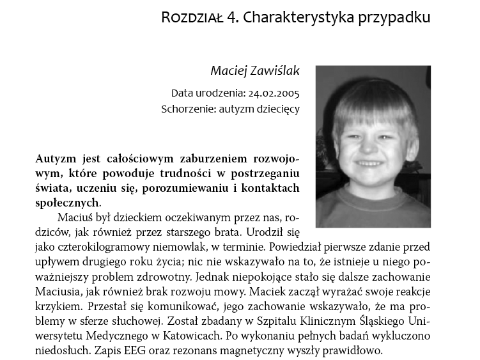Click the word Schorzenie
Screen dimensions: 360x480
189,109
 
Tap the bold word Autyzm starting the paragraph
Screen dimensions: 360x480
56,158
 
